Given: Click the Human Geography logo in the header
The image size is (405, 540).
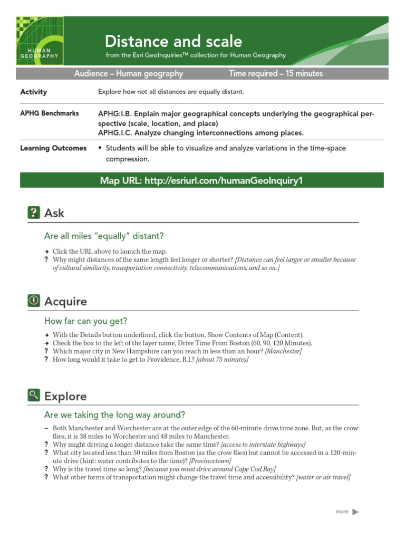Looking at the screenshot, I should click(40, 41).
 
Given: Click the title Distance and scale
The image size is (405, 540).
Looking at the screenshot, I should click(173, 41).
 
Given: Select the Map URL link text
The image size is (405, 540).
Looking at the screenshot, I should click(201, 181).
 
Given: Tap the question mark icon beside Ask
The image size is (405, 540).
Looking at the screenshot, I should click(34, 213).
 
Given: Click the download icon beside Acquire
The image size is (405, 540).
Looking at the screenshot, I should click(34, 301).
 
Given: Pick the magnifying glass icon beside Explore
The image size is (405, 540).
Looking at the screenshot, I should click(34, 396).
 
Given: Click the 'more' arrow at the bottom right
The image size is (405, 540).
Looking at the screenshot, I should click(355, 512).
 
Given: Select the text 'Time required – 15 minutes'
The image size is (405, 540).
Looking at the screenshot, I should click(276, 74).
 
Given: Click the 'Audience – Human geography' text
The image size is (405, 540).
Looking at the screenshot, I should click(129, 74).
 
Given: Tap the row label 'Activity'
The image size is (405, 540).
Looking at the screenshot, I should click(34, 92).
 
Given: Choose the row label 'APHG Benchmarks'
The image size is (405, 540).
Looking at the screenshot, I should click(50, 113).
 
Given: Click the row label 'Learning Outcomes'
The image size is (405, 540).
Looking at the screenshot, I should click(53, 148).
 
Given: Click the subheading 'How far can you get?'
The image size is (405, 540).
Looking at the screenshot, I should click(86, 321).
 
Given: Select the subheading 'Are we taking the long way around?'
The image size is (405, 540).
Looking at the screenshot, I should click(115, 414).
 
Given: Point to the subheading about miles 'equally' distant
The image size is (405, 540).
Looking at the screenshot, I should click(104, 236).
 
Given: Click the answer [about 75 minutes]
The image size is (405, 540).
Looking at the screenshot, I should click(222, 360).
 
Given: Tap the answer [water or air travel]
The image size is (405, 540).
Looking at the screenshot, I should click(323, 477).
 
